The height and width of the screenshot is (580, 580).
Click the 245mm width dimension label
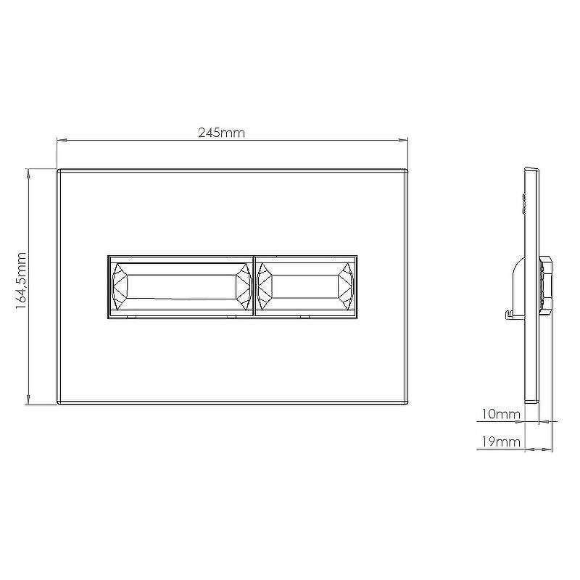tap(221, 133)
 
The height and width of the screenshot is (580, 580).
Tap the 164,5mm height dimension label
tap(21, 281)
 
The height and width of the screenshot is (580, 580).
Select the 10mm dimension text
tap(500, 414)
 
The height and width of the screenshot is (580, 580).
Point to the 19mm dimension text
tap(500, 442)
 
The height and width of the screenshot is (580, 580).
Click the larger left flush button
tap(181, 286)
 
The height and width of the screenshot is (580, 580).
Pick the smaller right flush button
tap(306, 286)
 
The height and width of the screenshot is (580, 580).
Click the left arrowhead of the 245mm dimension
tap(62, 140)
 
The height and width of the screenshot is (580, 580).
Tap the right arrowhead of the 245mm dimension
tap(403, 140)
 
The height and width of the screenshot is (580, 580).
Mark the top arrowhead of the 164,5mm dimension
tap(28, 173)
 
